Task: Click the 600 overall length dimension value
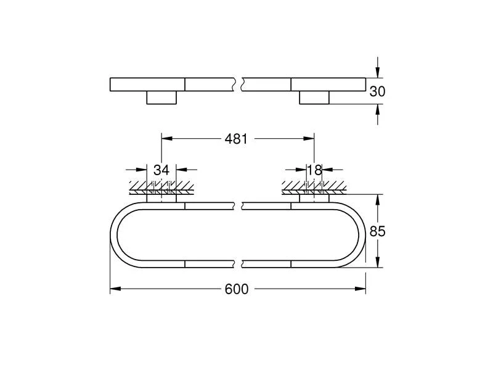(237, 289)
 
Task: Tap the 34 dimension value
(161, 170)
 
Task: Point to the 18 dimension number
(316, 170)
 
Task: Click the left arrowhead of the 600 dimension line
(114, 289)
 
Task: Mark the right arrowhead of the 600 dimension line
(362, 289)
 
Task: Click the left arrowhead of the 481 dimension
(165, 139)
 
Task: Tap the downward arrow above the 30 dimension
(378, 72)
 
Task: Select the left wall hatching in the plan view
(161, 186)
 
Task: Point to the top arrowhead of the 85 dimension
(378, 199)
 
